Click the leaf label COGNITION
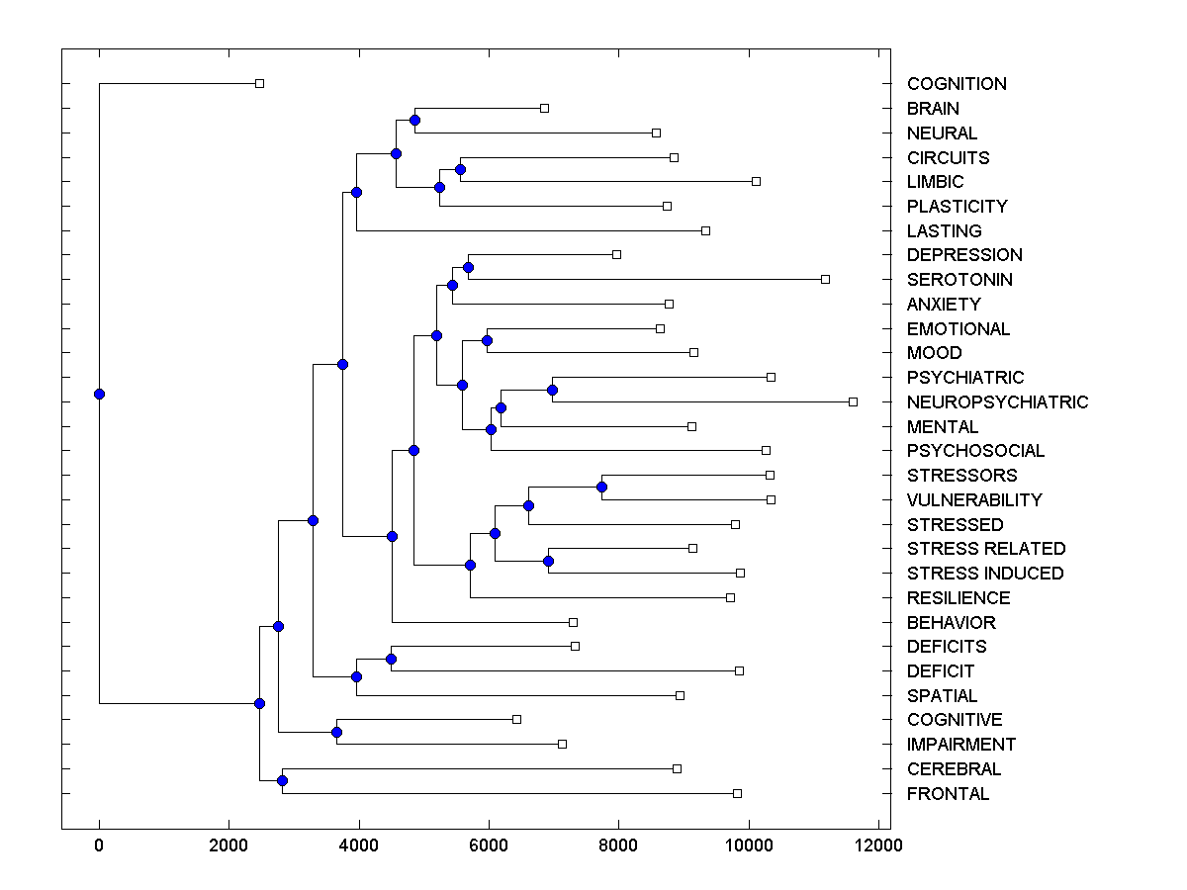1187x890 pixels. pyautogui.click(x=957, y=84)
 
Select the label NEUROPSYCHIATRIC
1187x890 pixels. pyautogui.click(x=997, y=402)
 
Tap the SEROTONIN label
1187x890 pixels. pyautogui.click(x=959, y=280)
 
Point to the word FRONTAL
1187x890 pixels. pyautogui.click(x=948, y=794)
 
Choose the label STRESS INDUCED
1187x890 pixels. pyautogui.click(x=985, y=574)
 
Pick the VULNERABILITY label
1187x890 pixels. pyautogui.click(x=974, y=500)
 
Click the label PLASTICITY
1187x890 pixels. pyautogui.click(x=957, y=207)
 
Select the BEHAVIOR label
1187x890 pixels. pyautogui.click(x=951, y=623)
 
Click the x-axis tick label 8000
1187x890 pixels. pyautogui.click(x=618, y=845)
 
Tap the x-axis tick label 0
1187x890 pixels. pyautogui.click(x=99, y=845)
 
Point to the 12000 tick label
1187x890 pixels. pyautogui.click(x=878, y=845)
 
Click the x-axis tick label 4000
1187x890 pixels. pyautogui.click(x=359, y=845)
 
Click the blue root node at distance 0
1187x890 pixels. pyautogui.click(x=99, y=394)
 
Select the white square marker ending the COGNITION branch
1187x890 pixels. pyautogui.click(x=259, y=84)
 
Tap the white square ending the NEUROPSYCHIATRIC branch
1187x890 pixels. pyautogui.click(x=853, y=401)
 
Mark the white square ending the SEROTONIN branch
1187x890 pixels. pyautogui.click(x=825, y=279)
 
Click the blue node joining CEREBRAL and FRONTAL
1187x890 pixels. pyautogui.click(x=282, y=781)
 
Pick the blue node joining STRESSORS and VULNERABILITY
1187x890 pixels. pyautogui.click(x=601, y=488)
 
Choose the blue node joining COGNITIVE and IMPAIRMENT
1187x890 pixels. pyautogui.click(x=336, y=733)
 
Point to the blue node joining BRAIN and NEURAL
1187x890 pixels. pyautogui.click(x=414, y=121)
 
